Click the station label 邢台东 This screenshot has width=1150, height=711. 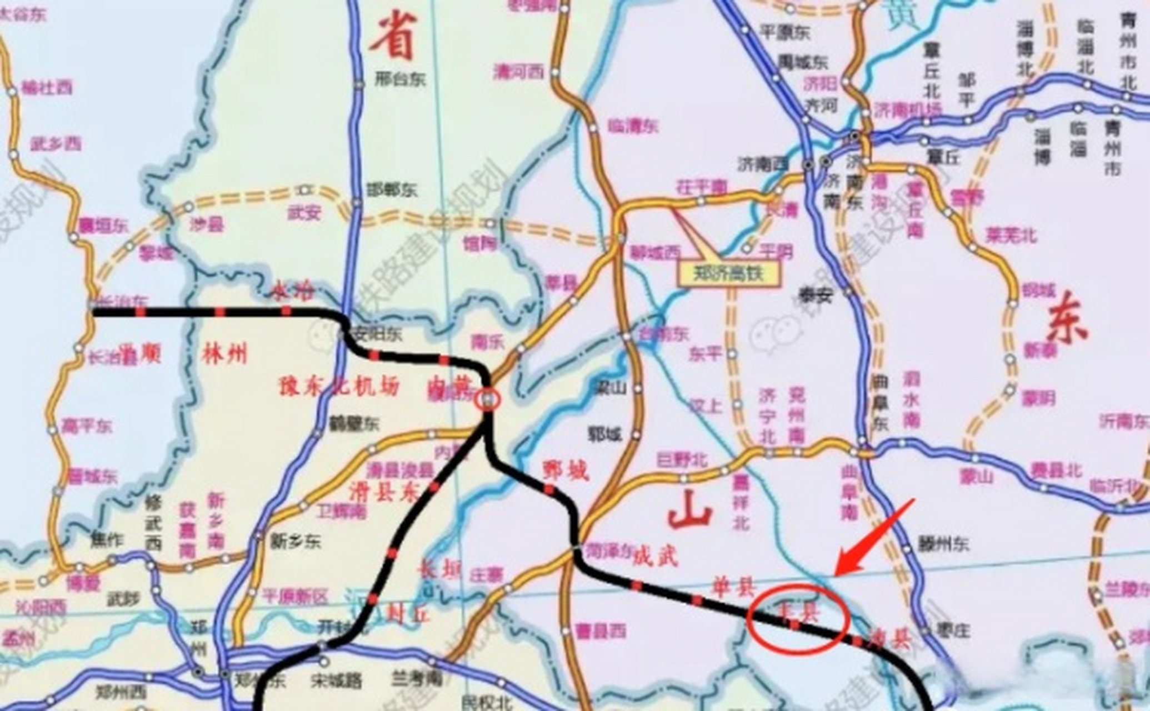400,79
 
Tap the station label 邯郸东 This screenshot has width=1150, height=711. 392,191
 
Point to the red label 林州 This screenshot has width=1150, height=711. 224,354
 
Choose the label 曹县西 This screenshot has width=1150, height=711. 601,630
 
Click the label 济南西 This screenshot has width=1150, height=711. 763,164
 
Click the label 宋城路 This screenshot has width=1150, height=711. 344,680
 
